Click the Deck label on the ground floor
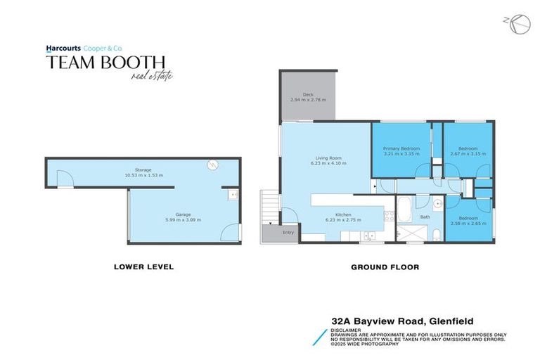tap(307, 94)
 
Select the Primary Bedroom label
tap(401, 148)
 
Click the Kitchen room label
tap(343, 214)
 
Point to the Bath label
tap(425, 217)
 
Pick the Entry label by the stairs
tap(288, 232)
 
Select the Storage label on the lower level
tap(143, 170)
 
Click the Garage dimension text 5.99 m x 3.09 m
tap(183, 219)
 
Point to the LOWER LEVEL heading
tap(143, 267)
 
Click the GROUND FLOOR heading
tap(385, 267)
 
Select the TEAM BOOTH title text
tap(105, 63)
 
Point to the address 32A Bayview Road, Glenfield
tap(402, 321)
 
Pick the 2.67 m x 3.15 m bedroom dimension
tap(468, 153)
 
